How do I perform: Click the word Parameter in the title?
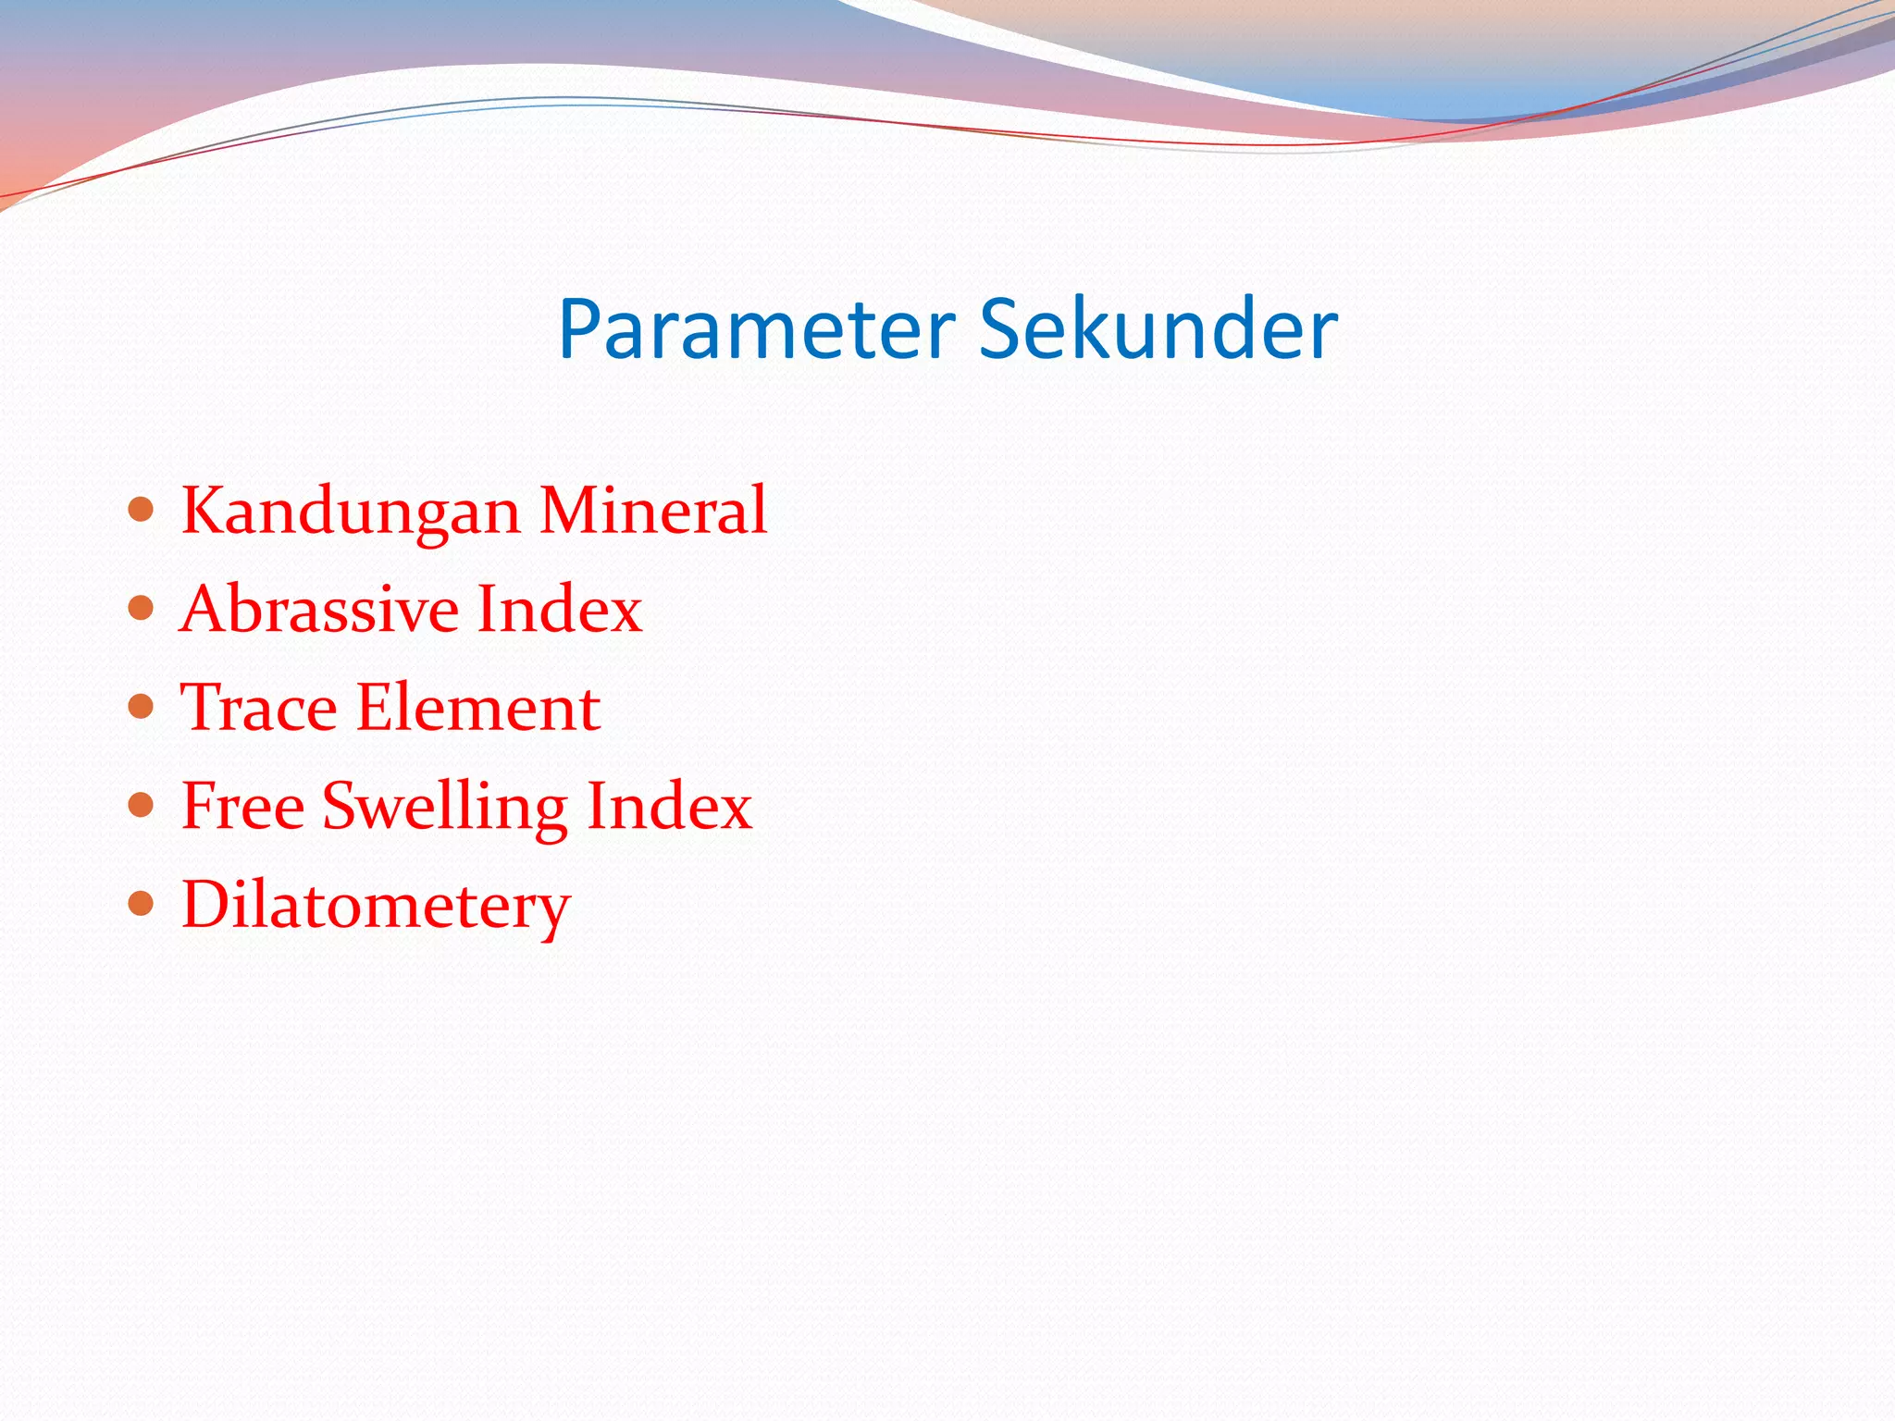coord(756,330)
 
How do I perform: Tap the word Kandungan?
coord(351,512)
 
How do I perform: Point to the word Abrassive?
coord(319,610)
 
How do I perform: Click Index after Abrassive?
coord(559,610)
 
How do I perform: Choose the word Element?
coord(478,709)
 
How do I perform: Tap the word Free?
coord(242,807)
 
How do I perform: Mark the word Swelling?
coord(444,808)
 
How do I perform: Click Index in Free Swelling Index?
coord(669,807)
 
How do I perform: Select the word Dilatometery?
coord(376,906)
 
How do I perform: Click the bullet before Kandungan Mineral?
coord(141,509)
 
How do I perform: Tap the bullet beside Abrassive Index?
coord(141,608)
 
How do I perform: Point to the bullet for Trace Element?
coord(141,707)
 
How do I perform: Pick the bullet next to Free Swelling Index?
coord(141,805)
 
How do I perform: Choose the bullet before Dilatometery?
coord(141,903)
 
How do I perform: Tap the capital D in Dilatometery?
coord(206,904)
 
